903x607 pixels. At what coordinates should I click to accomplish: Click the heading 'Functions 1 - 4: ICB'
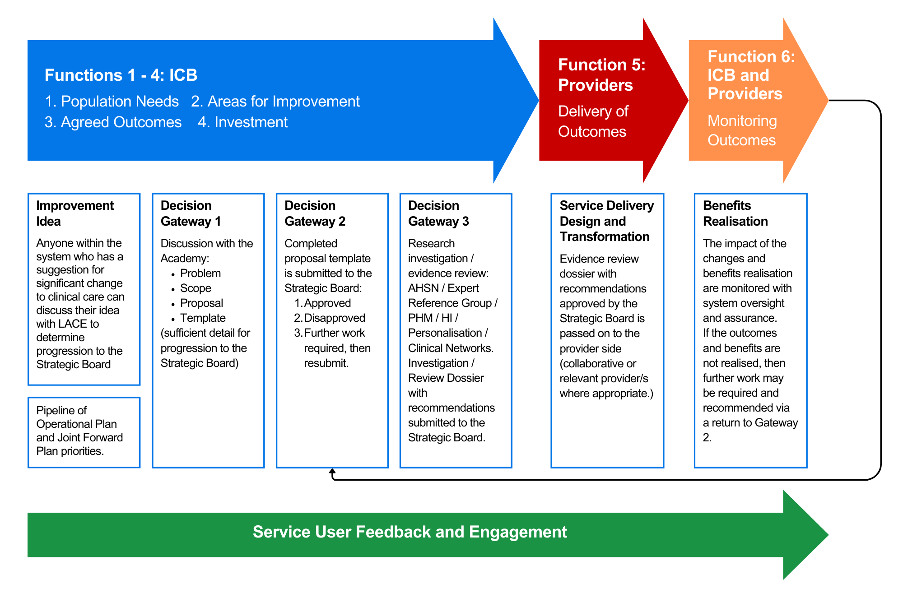pos(121,75)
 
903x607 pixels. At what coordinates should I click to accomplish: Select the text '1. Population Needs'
pos(112,102)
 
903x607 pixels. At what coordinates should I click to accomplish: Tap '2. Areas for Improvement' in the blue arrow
pos(275,102)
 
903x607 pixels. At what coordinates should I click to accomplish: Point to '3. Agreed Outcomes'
pos(113,122)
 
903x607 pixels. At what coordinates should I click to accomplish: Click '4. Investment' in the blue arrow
pos(242,122)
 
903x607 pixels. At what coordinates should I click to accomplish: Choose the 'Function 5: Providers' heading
pos(601,75)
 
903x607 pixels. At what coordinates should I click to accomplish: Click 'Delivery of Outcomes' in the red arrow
pos(593,121)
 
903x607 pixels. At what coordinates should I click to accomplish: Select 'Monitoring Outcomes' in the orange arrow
pos(742,130)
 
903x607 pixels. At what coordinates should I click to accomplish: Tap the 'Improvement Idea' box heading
pos(74,213)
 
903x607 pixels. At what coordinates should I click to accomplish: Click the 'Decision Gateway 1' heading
pos(191,213)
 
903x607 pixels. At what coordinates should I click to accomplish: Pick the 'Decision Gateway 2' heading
pos(315,213)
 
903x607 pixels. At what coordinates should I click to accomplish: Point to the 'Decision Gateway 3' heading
pos(438,213)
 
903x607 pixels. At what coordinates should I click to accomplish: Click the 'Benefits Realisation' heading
pos(735,213)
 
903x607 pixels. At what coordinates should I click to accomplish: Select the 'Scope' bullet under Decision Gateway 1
pos(195,288)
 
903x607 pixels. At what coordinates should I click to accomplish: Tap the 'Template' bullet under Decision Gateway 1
pos(203,318)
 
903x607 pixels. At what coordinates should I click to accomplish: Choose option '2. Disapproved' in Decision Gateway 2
pos(330,318)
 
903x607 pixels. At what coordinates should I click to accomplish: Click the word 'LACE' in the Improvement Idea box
pos(72,324)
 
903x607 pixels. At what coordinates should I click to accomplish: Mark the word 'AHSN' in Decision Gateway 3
pos(423,288)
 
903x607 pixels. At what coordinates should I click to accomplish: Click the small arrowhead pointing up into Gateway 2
pos(332,472)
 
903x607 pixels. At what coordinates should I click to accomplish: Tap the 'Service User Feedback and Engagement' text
pos(410,532)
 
